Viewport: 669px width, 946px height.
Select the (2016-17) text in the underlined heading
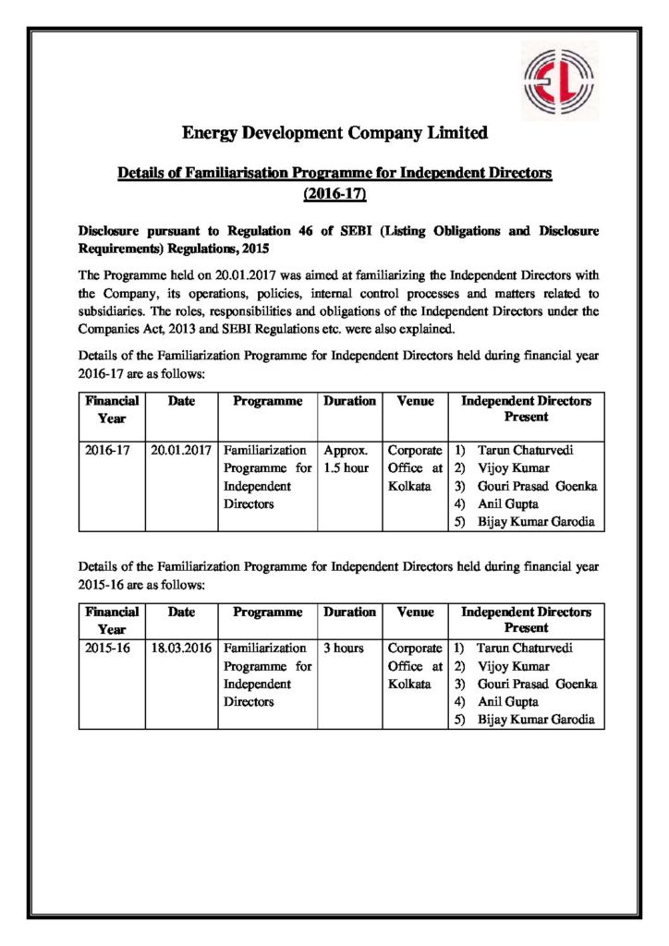click(334, 193)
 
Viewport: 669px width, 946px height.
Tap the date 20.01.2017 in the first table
click(183, 451)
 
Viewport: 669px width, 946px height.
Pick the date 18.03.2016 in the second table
click(183, 649)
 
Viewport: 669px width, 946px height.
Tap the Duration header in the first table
click(349, 402)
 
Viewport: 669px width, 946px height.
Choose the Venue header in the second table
click(415, 612)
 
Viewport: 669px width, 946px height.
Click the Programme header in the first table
click(268, 402)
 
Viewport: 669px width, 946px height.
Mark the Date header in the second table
click(182, 612)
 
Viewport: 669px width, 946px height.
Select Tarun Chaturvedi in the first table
click(525, 451)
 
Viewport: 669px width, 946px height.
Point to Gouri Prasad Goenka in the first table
click(537, 487)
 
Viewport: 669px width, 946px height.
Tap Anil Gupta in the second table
click(507, 702)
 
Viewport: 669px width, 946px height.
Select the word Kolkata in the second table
click(409, 685)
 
